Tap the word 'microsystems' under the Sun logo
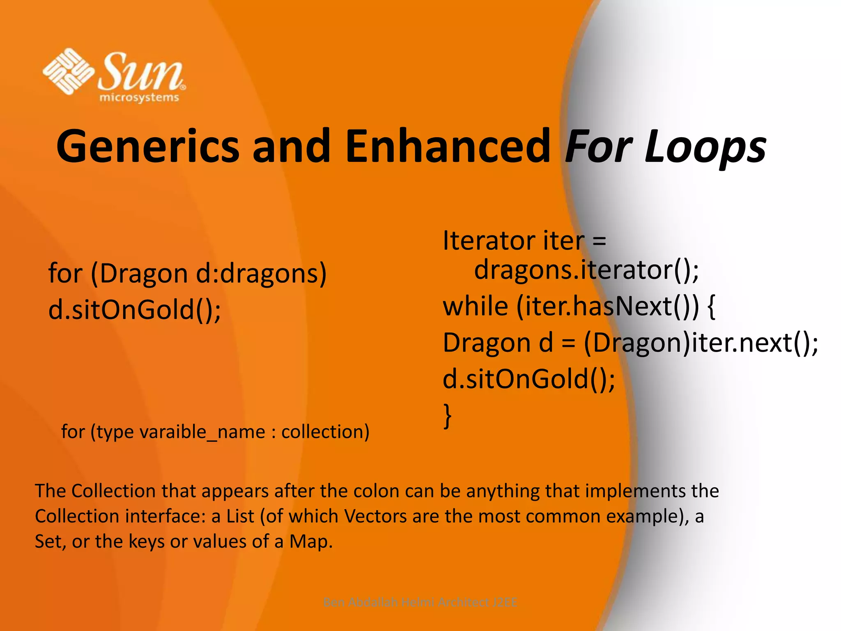[139, 98]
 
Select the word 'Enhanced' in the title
[448, 146]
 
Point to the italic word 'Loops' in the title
[705, 147]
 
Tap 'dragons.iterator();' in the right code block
[586, 270]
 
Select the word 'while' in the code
[476, 306]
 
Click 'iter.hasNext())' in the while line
[607, 306]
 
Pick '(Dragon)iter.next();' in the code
[701, 343]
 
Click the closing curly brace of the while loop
[448, 416]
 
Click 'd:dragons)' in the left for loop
[261, 273]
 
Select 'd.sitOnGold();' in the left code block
[135, 309]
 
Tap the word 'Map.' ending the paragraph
[311, 541]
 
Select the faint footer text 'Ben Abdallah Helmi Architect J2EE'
[420, 602]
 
